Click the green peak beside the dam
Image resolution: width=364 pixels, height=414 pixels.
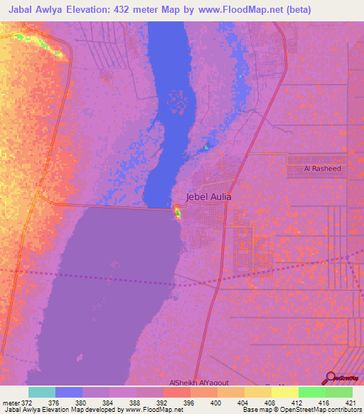pyautogui.click(x=178, y=212)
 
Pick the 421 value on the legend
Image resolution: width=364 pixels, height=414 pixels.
pyautogui.click(x=350, y=403)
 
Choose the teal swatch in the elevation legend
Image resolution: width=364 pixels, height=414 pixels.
pyautogui.click(x=42, y=392)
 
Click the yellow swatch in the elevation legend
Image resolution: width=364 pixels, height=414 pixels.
pyautogui.click(x=285, y=392)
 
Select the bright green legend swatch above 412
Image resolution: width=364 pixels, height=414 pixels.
pyautogui.click(x=312, y=392)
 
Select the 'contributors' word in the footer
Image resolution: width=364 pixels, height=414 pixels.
pyautogui.click(x=343, y=410)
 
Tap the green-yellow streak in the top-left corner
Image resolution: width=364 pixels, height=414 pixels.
pyautogui.click(x=47, y=46)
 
